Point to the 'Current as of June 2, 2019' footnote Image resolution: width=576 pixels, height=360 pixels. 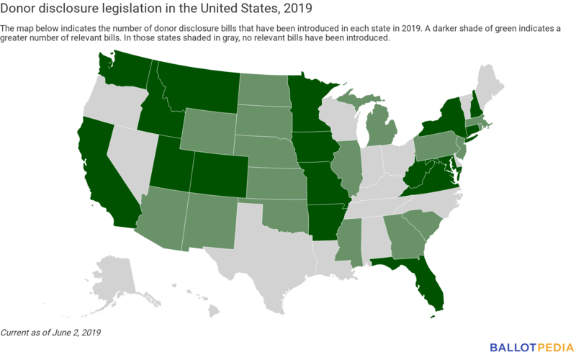click(50, 333)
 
